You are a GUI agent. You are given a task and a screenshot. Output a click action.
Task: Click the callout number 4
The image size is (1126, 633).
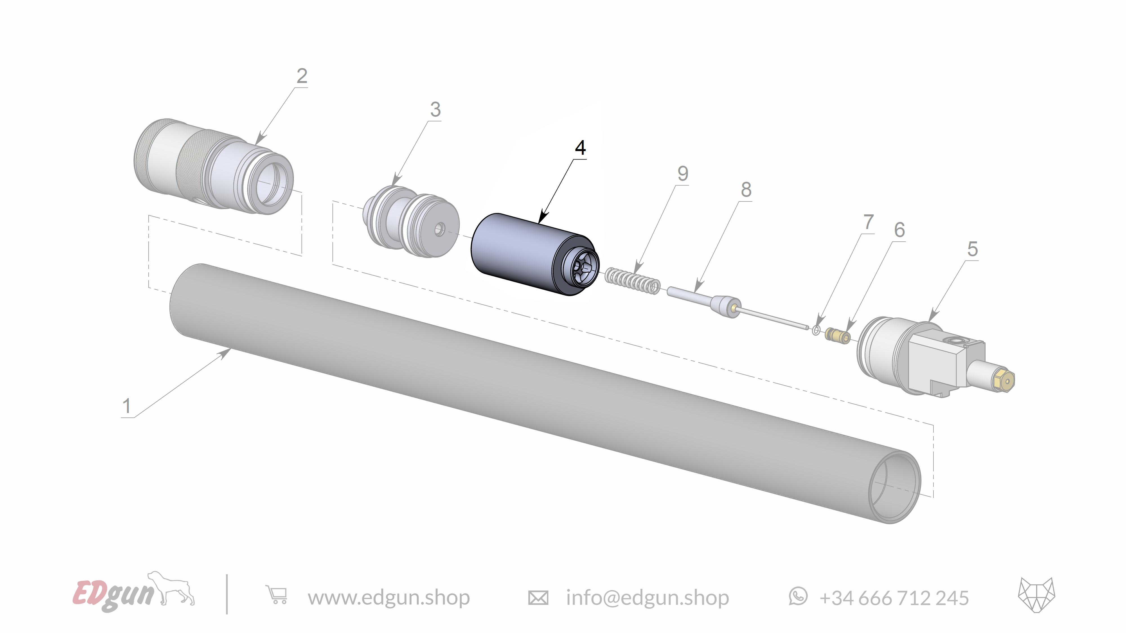pyautogui.click(x=580, y=148)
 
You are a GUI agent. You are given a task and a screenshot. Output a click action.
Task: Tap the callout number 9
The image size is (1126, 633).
pyautogui.click(x=682, y=174)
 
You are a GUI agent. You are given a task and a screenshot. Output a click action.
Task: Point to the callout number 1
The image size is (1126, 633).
pyautogui.click(x=127, y=406)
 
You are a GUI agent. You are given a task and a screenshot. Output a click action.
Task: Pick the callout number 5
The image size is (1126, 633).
pyautogui.click(x=972, y=249)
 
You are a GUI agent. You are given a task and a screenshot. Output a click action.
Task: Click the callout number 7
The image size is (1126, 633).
pyautogui.click(x=868, y=222)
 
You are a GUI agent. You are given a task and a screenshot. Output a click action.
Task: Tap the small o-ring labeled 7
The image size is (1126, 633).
pyautogui.click(x=816, y=330)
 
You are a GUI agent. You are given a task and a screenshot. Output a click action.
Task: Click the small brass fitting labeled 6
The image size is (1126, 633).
pyautogui.click(x=837, y=336)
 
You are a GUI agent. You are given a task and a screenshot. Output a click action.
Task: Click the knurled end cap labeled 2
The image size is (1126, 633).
pyautogui.click(x=210, y=166)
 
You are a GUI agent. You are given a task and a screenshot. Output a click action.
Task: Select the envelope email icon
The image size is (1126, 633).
pyautogui.click(x=538, y=598)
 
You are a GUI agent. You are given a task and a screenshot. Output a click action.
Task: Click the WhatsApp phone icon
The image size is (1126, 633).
pyautogui.click(x=798, y=597)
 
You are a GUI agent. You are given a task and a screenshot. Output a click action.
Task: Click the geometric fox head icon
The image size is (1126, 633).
pyautogui.click(x=1036, y=595)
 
